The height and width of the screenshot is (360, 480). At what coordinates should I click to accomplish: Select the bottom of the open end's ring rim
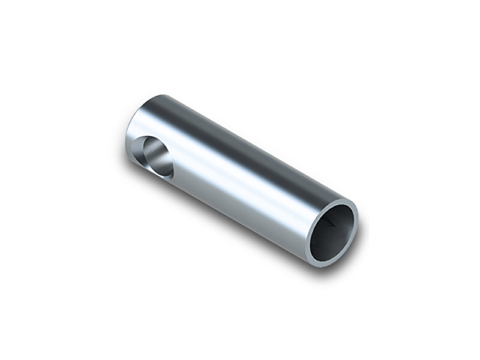point(324,262)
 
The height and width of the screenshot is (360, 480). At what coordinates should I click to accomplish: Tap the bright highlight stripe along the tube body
point(234,180)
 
